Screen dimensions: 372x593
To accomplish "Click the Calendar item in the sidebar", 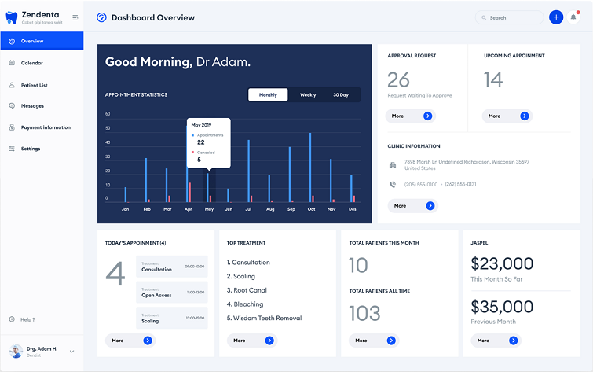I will coord(31,63).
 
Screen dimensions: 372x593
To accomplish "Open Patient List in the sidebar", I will coord(34,84).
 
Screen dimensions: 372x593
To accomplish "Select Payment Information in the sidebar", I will coord(45,127).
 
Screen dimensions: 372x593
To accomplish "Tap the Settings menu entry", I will coord(31,149).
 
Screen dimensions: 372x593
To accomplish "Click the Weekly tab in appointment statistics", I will coord(308,95).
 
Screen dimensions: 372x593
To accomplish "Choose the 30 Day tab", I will coord(341,95).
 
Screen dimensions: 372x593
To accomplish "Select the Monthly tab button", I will coord(268,95).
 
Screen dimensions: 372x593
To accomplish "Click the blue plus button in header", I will coord(556,17).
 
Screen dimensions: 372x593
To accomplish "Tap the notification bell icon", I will coord(573,17).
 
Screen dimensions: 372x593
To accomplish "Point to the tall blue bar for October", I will coord(310,167).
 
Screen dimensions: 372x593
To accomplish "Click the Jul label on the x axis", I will coord(249,210).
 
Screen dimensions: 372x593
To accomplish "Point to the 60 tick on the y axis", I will coord(108,114).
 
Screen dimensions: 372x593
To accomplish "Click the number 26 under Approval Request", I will coord(398,79).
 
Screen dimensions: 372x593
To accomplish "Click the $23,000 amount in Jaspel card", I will coord(502,263).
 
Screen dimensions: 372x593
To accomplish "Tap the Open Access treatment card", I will coord(172,294).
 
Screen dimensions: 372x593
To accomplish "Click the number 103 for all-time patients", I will coord(364,313).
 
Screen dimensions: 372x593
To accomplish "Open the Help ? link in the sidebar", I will coord(27,319).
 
